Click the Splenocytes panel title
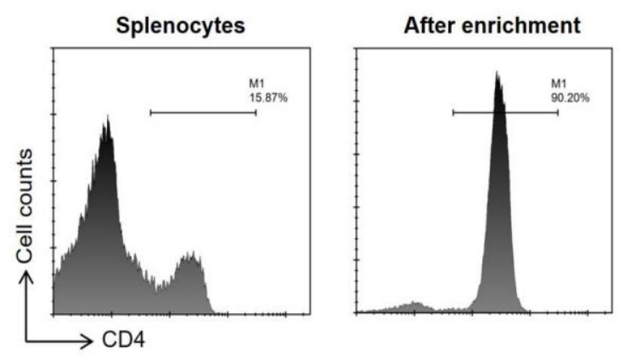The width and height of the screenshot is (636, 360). pyautogui.click(x=181, y=26)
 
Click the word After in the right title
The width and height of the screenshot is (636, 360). pyautogui.click(x=429, y=25)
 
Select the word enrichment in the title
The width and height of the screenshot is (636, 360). pyautogui.click(x=521, y=25)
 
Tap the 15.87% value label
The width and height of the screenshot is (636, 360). pyautogui.click(x=268, y=98)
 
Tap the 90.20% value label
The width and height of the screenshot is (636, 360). pyautogui.click(x=570, y=98)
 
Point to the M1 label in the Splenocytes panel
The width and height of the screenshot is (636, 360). pyautogui.click(x=256, y=84)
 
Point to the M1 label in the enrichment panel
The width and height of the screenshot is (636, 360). pyautogui.click(x=558, y=84)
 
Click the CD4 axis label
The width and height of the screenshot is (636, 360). pyautogui.click(x=123, y=340)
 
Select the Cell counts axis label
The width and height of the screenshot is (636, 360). pyautogui.click(x=25, y=205)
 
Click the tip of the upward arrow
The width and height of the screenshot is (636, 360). pyautogui.click(x=26, y=272)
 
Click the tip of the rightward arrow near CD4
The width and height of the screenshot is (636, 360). pyautogui.click(x=93, y=341)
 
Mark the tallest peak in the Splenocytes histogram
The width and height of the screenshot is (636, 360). pyautogui.click(x=108, y=116)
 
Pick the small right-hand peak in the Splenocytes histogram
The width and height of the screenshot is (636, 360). pyautogui.click(x=191, y=253)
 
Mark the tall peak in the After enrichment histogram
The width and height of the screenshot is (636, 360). pyautogui.click(x=497, y=72)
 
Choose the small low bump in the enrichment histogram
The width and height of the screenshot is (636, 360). pyautogui.click(x=414, y=303)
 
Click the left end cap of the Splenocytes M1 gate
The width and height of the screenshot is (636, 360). pyautogui.click(x=151, y=113)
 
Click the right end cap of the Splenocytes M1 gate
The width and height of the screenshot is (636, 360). pyautogui.click(x=256, y=113)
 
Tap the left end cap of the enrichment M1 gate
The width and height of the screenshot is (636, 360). pyautogui.click(x=453, y=113)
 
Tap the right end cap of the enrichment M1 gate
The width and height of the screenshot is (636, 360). pyautogui.click(x=558, y=113)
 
